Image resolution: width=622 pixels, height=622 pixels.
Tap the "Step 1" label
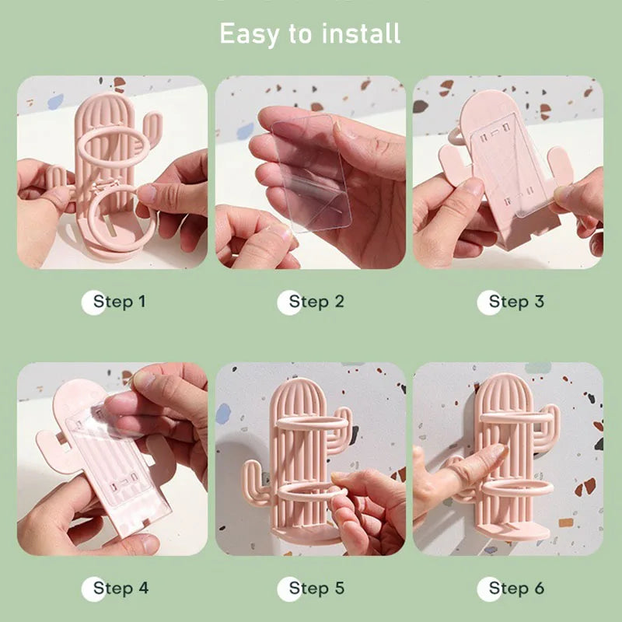pyautogui.click(x=120, y=302)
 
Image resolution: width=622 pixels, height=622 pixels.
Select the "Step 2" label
pyautogui.click(x=316, y=302)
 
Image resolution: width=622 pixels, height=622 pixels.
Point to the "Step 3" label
pyautogui.click(x=516, y=302)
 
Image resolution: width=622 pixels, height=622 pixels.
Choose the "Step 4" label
pyautogui.click(x=121, y=588)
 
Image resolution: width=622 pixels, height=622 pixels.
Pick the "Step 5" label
pyautogui.click(x=316, y=588)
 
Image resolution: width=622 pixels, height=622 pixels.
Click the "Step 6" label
pyautogui.click(x=516, y=588)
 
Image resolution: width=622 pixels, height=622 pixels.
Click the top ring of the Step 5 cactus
pyautogui.click(x=313, y=421)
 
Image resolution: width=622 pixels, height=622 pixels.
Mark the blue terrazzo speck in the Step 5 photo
pyautogui.click(x=223, y=414)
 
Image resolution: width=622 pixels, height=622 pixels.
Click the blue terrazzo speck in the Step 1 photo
pyautogui.click(x=55, y=101)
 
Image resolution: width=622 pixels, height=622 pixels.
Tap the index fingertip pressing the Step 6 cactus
pyautogui.click(x=499, y=450)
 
